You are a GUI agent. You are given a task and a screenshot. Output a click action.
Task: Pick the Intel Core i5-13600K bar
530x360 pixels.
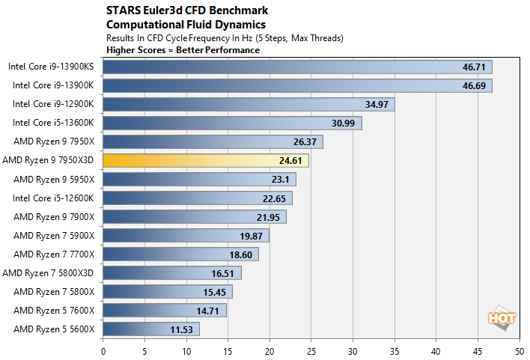(x=232, y=123)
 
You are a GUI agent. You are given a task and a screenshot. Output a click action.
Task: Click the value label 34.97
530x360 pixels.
(x=375, y=104)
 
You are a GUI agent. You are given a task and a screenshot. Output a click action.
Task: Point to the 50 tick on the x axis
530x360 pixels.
(x=518, y=350)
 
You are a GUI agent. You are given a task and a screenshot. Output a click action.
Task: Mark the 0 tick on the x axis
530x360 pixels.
(x=103, y=350)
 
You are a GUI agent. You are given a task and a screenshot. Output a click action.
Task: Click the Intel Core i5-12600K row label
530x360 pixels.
(x=53, y=198)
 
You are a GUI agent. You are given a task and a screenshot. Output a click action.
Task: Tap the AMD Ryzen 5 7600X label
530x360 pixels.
(x=55, y=310)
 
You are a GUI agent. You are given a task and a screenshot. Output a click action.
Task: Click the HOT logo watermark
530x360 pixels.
(x=502, y=317)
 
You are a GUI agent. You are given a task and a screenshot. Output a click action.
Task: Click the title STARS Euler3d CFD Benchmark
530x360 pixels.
(x=177, y=11)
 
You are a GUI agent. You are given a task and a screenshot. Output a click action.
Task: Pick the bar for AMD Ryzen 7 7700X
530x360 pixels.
(x=180, y=254)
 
